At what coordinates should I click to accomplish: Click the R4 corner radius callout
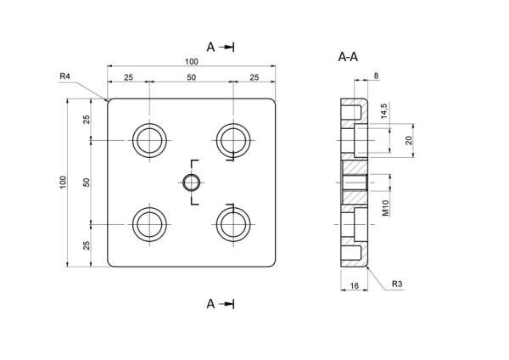(65, 76)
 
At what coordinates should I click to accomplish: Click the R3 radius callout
(397, 284)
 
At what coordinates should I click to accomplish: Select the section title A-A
(348, 57)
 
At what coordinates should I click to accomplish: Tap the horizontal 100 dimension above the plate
(192, 61)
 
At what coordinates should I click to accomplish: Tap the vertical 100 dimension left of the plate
(63, 183)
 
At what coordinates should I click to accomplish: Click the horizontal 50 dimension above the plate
(192, 77)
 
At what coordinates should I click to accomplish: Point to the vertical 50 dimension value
(87, 183)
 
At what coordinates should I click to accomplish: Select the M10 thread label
(385, 208)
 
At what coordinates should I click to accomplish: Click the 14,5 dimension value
(383, 111)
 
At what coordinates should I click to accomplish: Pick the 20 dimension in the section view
(409, 140)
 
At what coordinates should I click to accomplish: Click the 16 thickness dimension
(355, 285)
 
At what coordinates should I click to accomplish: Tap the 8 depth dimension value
(376, 76)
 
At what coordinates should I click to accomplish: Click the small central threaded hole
(192, 183)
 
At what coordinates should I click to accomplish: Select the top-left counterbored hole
(149, 140)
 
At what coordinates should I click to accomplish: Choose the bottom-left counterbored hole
(149, 224)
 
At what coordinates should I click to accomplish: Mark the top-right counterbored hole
(233, 140)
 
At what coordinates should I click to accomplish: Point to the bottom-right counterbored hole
(233, 224)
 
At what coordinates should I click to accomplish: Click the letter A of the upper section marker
(210, 47)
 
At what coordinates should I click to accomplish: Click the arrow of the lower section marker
(227, 304)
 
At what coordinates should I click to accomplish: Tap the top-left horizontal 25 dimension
(129, 77)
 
